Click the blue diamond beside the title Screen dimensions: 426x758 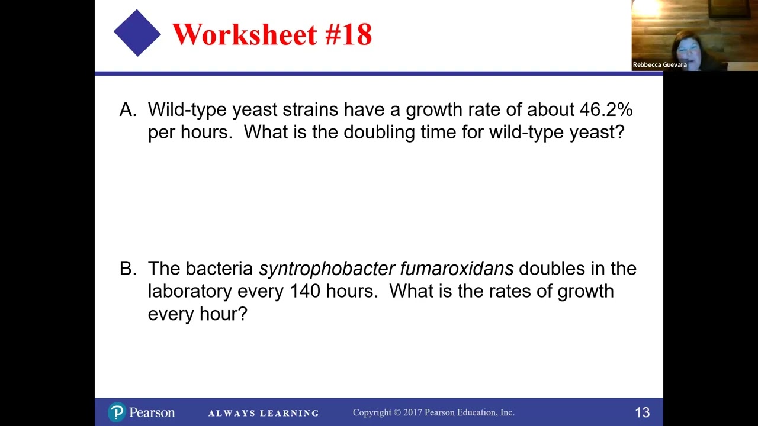point(137,33)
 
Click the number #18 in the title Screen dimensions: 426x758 point(348,34)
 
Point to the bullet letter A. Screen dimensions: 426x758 point(127,109)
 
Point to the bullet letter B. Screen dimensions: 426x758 point(127,269)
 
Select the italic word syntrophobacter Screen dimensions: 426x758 point(327,269)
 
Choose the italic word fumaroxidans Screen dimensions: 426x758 point(457,269)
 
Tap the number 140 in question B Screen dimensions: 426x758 point(305,291)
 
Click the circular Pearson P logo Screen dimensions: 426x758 point(117,412)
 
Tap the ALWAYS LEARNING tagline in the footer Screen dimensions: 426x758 point(264,413)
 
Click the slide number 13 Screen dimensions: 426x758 point(642,412)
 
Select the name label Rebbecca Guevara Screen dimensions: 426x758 point(660,64)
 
